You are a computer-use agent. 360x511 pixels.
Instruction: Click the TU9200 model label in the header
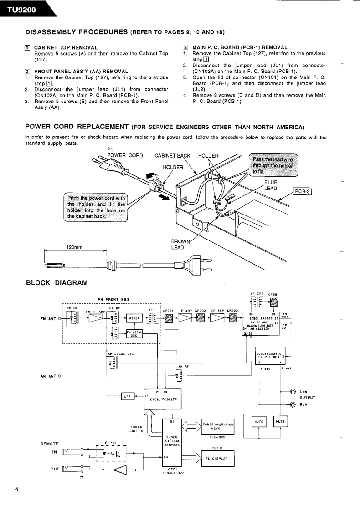[21, 9]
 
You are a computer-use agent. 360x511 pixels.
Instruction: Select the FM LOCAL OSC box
[134, 333]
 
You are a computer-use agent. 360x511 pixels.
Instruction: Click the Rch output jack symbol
[293, 405]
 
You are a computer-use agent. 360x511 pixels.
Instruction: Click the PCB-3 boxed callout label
[302, 191]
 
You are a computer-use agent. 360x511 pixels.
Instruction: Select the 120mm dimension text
[74, 248]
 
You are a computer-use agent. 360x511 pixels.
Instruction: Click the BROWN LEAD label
[178, 244]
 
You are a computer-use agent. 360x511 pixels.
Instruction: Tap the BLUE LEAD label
[271, 185]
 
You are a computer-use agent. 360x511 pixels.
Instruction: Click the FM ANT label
[48, 318]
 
